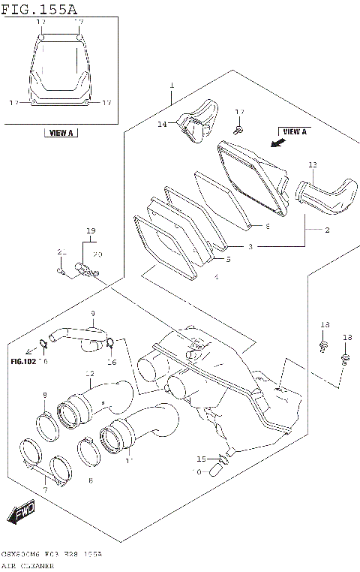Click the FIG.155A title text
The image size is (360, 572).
pos(38,8)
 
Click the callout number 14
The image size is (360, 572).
pos(161,125)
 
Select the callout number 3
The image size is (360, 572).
pos(250,245)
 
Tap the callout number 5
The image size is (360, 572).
pos(228,260)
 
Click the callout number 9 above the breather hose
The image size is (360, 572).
pos(93,313)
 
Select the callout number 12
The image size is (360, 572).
pos(89,373)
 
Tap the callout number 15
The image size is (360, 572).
pos(201,458)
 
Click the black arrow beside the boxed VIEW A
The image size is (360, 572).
pos(278,141)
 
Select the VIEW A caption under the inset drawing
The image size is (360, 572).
pos(60,133)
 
